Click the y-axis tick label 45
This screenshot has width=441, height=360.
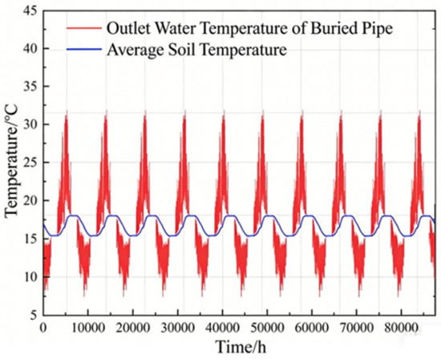[x=32, y=11]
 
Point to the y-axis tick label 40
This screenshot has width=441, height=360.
[x=32, y=49]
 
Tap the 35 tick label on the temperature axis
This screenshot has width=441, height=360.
[x=32, y=87]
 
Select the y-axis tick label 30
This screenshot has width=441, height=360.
[x=32, y=124]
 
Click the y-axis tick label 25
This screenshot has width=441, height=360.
[x=32, y=162]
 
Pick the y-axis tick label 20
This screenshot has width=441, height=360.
[x=32, y=200]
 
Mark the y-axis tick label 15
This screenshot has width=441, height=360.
[x=32, y=239]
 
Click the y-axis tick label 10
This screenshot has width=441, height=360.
[x=32, y=277]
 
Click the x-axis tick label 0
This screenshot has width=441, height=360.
[x=43, y=328]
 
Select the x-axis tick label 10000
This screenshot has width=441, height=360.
[x=88, y=328]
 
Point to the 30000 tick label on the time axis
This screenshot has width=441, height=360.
[x=177, y=328]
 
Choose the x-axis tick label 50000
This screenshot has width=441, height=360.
[x=267, y=328]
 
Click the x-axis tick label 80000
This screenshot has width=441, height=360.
[x=401, y=328]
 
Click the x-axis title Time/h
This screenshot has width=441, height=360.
[x=241, y=346]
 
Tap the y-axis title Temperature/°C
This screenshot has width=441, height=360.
[x=11, y=161]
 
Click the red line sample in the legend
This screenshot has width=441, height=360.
[x=84, y=28]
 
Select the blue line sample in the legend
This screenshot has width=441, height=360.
[x=84, y=49]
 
